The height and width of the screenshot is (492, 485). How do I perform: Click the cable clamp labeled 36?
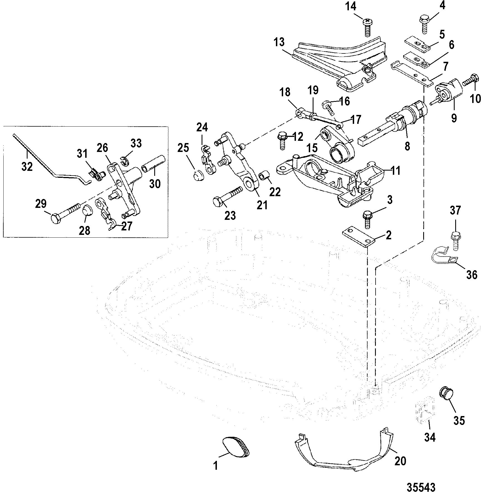(x=444, y=254)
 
